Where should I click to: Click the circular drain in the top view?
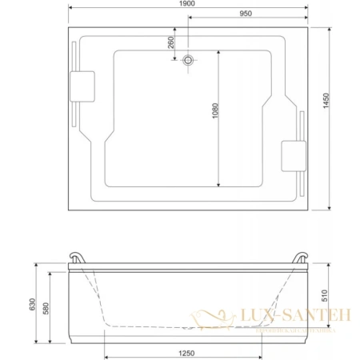point(190,60)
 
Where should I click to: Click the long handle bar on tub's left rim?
point(73,82)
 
